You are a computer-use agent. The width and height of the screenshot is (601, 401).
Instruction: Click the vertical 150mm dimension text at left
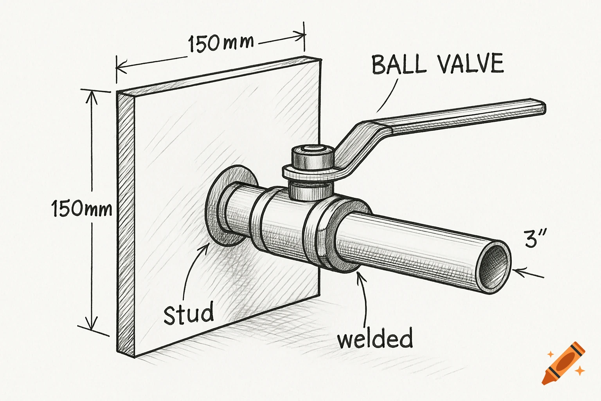pos(82,209)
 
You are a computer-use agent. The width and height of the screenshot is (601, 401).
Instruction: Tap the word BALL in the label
pos(398,65)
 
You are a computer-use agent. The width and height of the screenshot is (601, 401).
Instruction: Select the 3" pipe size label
pos(535,238)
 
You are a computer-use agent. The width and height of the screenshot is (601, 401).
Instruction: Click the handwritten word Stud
pos(189,313)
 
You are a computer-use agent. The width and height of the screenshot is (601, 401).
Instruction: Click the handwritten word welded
pos(375,339)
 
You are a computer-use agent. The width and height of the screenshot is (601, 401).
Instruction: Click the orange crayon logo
pos(563,363)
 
